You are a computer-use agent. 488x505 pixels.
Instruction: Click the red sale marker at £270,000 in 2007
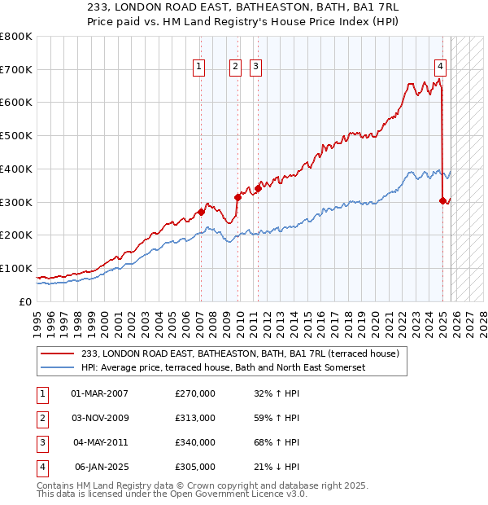201,212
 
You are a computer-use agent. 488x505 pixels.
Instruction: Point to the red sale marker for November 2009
238,197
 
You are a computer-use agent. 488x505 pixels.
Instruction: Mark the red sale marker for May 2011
258,188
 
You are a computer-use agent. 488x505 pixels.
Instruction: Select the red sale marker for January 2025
442,200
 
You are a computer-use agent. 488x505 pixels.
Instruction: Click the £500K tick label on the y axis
16,136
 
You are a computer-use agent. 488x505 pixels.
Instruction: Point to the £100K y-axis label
16,268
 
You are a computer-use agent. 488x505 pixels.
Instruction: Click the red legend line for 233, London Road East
57,354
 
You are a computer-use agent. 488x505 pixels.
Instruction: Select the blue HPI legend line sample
57,367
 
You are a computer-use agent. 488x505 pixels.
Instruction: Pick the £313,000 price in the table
195,418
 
